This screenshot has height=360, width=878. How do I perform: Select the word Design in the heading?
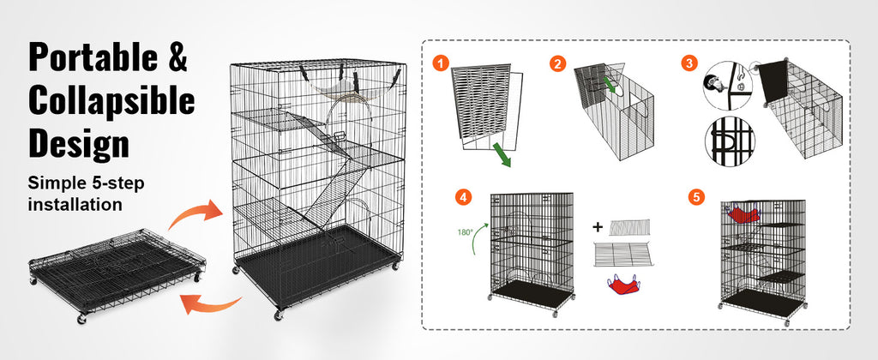pyautogui.click(x=79, y=142)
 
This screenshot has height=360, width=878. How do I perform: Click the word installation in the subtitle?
pyautogui.click(x=75, y=204)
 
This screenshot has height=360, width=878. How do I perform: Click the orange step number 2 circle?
pyautogui.click(x=556, y=63)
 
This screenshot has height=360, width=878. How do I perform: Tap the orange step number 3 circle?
pyautogui.click(x=689, y=63)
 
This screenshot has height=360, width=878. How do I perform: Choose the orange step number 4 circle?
pyautogui.click(x=462, y=197)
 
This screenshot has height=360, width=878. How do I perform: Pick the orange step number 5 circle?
pyautogui.click(x=696, y=197)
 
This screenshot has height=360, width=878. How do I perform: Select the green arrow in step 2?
pyautogui.click(x=610, y=85)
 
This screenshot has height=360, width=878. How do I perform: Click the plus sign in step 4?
pyautogui.click(x=598, y=227)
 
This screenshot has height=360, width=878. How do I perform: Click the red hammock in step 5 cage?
pyautogui.click(x=742, y=214)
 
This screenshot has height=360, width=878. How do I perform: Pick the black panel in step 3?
pyautogui.click(x=773, y=81)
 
